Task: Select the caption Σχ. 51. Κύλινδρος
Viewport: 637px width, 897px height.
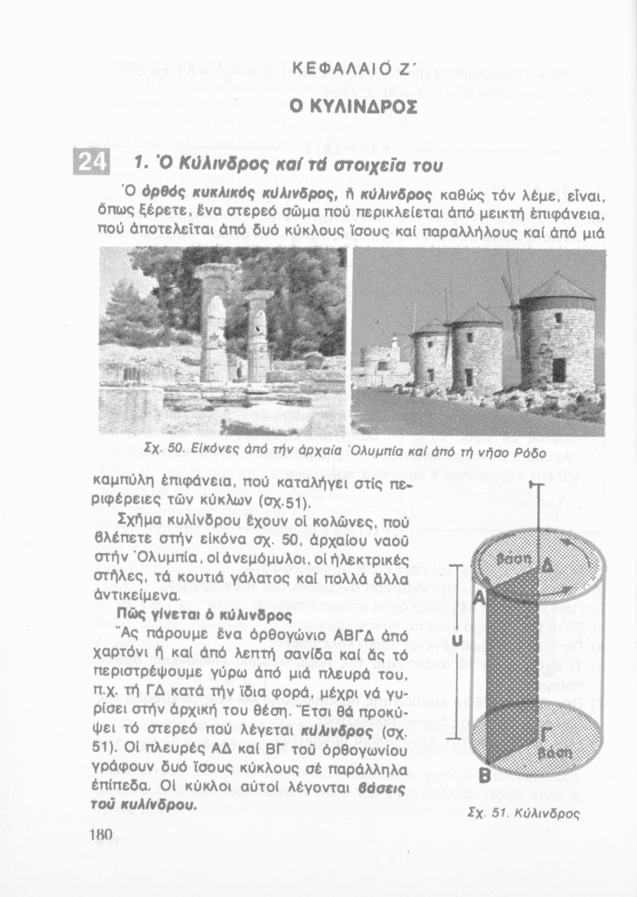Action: [x=523, y=813]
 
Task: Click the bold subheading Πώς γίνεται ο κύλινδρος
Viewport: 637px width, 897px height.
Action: [x=205, y=615]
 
